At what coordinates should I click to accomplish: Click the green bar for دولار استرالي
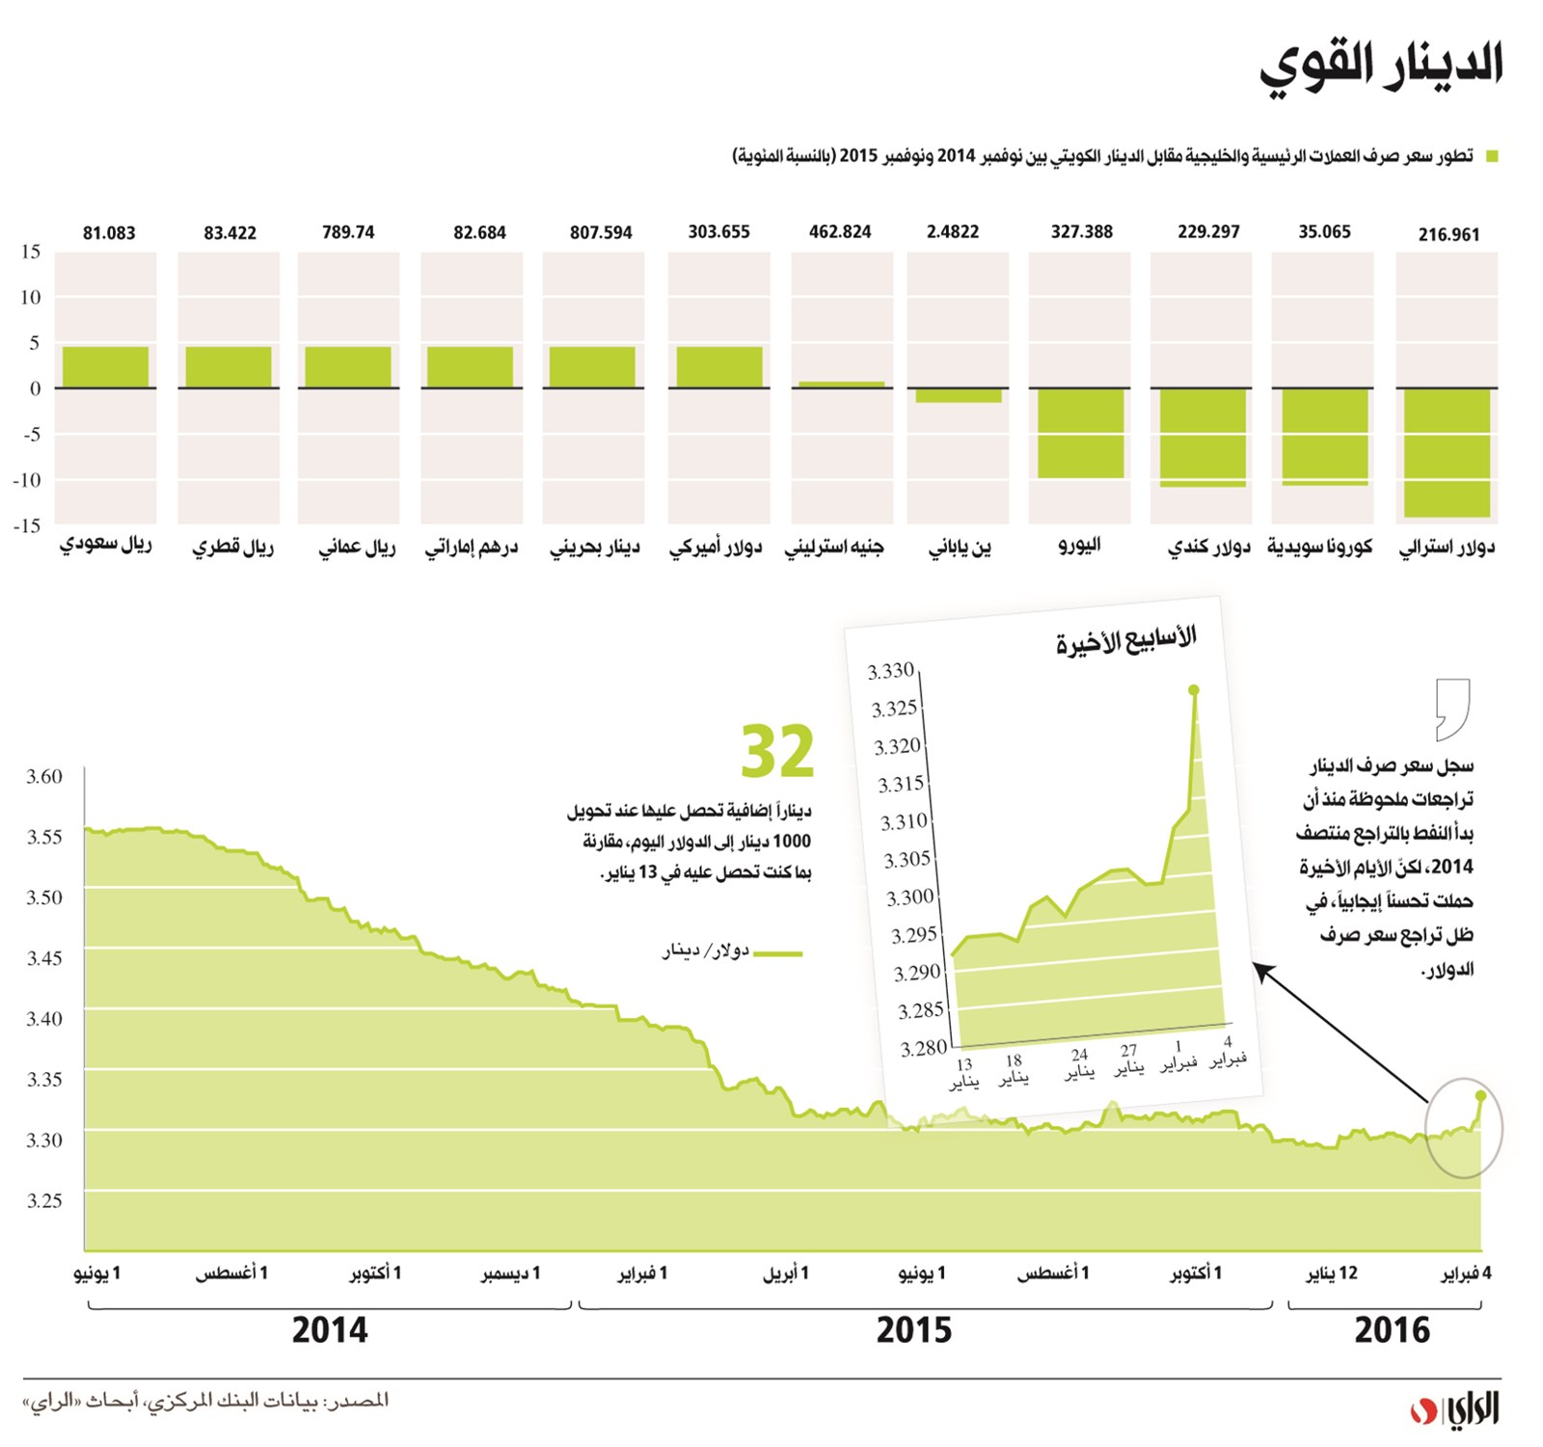pyautogui.click(x=1447, y=452)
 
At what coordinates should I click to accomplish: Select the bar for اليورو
pyautogui.click(x=1081, y=433)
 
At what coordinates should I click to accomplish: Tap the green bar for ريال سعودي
pyautogui.click(x=105, y=367)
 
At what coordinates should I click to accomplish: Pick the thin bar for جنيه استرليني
pyautogui.click(x=841, y=385)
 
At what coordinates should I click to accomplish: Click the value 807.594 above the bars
pyautogui.click(x=601, y=232)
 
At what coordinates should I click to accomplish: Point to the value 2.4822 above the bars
pyautogui.click(x=953, y=232)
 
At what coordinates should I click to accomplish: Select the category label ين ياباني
pyautogui.click(x=960, y=548)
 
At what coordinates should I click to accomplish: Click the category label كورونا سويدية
pyautogui.click(x=1319, y=548)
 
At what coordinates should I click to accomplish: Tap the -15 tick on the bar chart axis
pyautogui.click(x=27, y=525)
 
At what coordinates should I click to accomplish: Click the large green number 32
pyautogui.click(x=777, y=752)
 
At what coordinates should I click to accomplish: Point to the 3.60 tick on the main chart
pyautogui.click(x=44, y=776)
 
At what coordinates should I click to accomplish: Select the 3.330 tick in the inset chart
pyautogui.click(x=890, y=672)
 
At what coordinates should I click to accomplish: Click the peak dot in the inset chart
pyautogui.click(x=1194, y=690)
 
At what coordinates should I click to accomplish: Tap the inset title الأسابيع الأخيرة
pyautogui.click(x=1125, y=640)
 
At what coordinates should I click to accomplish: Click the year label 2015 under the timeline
pyautogui.click(x=913, y=1331)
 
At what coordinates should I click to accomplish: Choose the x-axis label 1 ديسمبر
pyautogui.click(x=510, y=1273)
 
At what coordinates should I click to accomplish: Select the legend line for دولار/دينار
pyautogui.click(x=777, y=953)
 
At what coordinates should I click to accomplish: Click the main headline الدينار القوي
pyautogui.click(x=1381, y=66)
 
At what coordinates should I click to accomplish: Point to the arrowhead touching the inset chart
pyautogui.click(x=1260, y=969)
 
